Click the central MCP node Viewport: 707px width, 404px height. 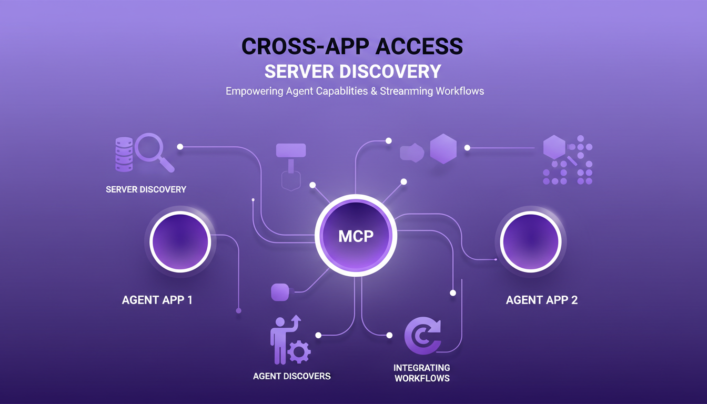[x=356, y=235]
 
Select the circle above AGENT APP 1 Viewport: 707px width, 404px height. [x=180, y=242]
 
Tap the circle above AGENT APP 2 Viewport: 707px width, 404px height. [x=530, y=242]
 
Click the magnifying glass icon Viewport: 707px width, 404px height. [x=153, y=150]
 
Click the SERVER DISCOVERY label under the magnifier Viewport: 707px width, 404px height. [x=146, y=189]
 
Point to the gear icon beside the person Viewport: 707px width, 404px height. [x=299, y=351]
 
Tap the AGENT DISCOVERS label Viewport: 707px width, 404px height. [x=291, y=376]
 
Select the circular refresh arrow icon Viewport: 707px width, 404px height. [x=422, y=336]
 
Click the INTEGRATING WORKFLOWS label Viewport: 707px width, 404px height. [x=421, y=373]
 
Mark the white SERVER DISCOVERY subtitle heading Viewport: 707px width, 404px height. [x=352, y=71]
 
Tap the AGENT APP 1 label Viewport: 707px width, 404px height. [x=157, y=300]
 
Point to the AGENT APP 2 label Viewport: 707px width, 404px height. [x=541, y=300]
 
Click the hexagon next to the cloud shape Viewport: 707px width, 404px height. [x=443, y=148]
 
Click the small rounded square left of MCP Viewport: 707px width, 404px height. [x=280, y=292]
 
